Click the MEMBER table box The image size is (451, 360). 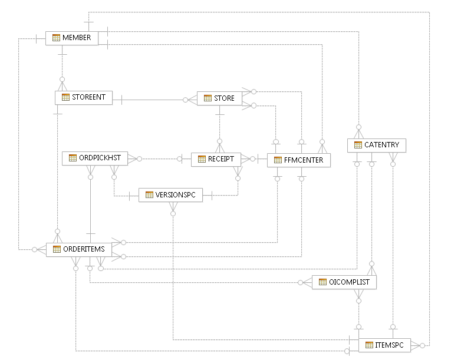(x=72, y=38)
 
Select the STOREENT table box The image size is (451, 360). (x=84, y=98)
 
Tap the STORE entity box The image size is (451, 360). (x=219, y=98)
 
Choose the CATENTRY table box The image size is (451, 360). (x=377, y=145)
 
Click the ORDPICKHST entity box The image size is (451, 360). (x=95, y=158)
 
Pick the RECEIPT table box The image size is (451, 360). (x=216, y=159)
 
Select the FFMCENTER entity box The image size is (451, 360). (x=298, y=160)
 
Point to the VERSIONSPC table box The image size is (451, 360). (x=170, y=194)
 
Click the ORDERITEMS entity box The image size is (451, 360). (x=79, y=249)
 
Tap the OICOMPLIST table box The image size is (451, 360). (x=344, y=282)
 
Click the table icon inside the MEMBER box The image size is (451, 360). (x=56, y=38)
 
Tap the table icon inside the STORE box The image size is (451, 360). (x=208, y=98)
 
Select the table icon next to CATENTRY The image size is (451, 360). (x=358, y=145)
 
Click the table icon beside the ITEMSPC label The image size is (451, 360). (x=370, y=345)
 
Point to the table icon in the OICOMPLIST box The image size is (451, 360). (x=322, y=282)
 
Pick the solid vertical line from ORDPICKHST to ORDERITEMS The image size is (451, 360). (x=90, y=206)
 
